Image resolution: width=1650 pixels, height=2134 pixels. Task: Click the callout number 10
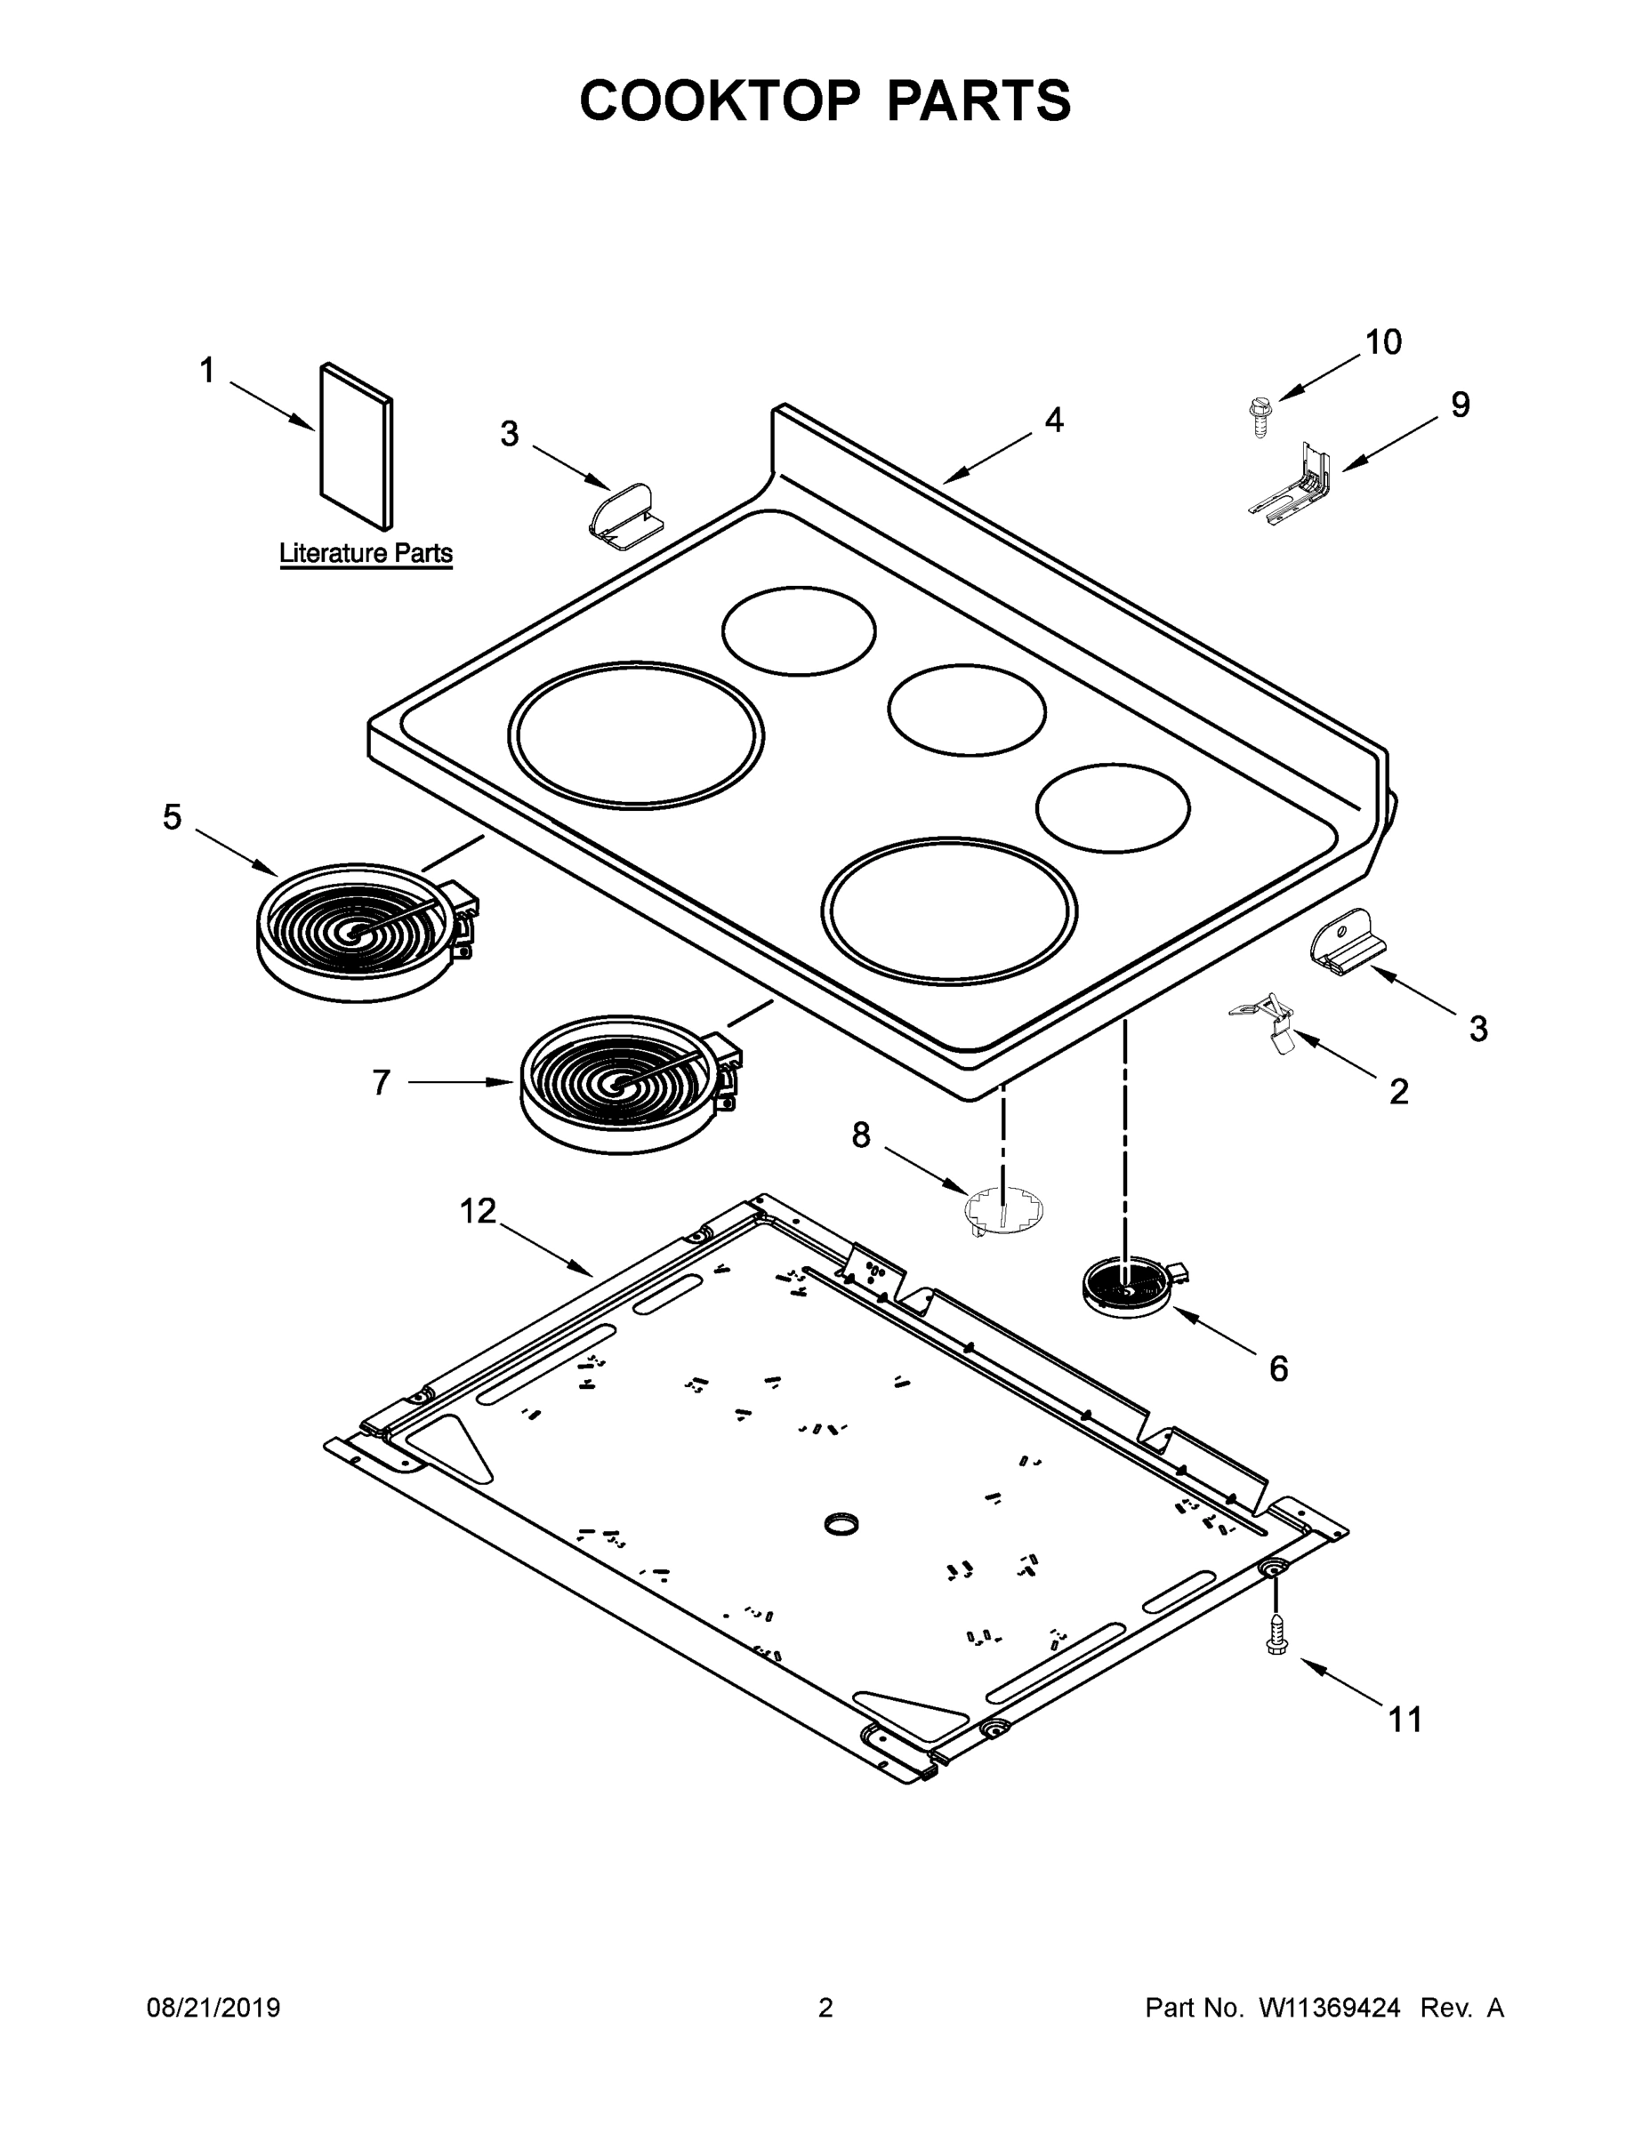pyautogui.click(x=1383, y=342)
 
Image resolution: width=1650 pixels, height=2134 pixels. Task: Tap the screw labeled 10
pyautogui.click(x=1259, y=416)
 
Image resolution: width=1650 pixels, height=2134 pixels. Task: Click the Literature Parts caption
pyautogui.click(x=366, y=553)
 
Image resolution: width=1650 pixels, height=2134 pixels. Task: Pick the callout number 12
pyautogui.click(x=478, y=1211)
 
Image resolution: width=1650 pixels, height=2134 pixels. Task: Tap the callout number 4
pyautogui.click(x=1053, y=421)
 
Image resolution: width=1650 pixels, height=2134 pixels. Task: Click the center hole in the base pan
pyautogui.click(x=841, y=1524)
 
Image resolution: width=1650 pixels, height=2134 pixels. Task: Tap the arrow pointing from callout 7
pyautogui.click(x=459, y=1081)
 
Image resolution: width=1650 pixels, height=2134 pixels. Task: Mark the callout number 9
pyautogui.click(x=1460, y=405)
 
